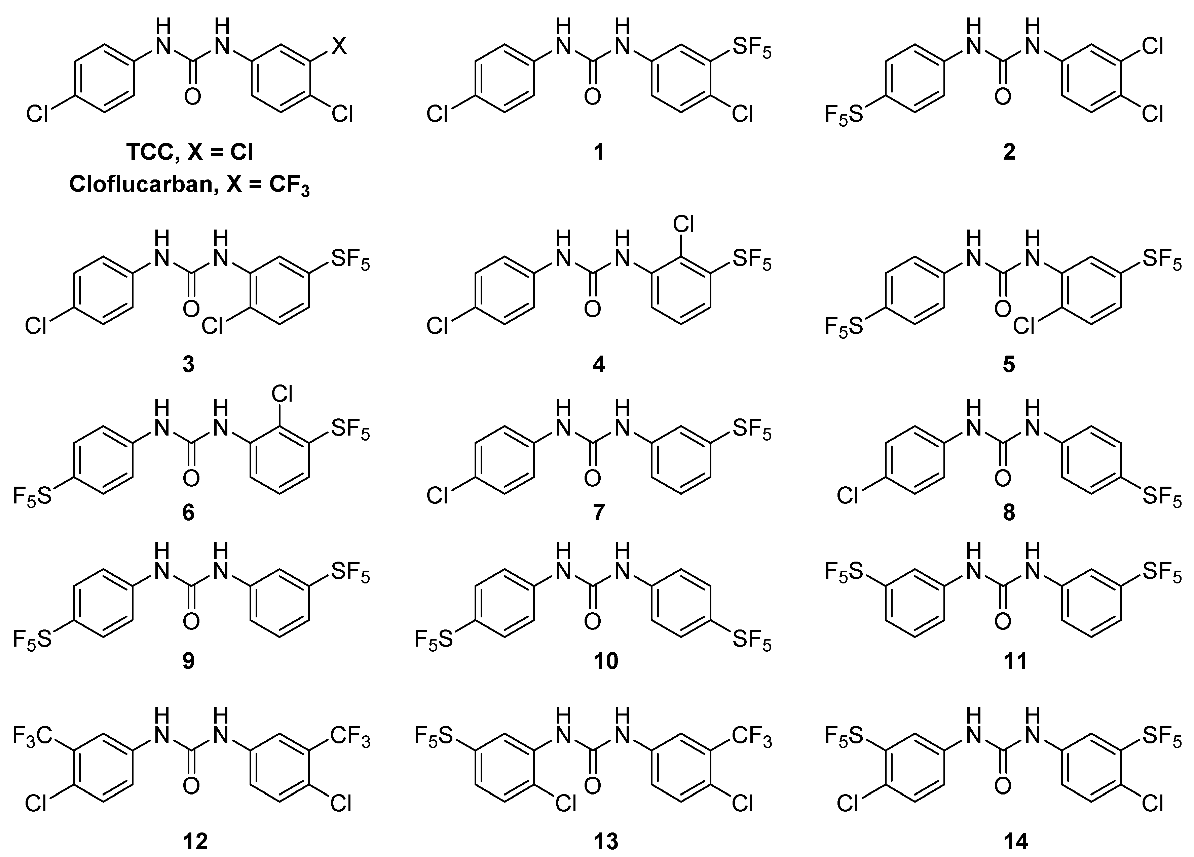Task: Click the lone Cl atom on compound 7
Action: (x=437, y=496)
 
